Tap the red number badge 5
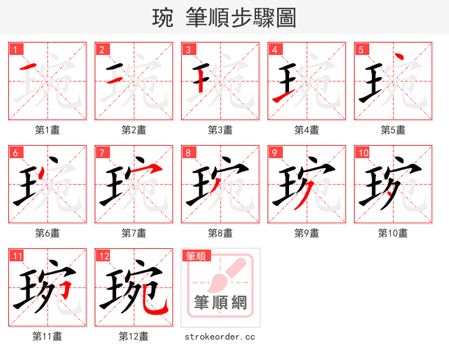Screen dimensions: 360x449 [361, 49]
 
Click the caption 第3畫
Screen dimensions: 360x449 [220, 130]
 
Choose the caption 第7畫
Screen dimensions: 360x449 [134, 233]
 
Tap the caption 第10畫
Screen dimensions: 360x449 [393, 233]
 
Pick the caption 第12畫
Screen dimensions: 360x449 [134, 336]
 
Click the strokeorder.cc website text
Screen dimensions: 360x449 [220, 336]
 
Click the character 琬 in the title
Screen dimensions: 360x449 [162, 18]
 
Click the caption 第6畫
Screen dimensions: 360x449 [47, 233]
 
